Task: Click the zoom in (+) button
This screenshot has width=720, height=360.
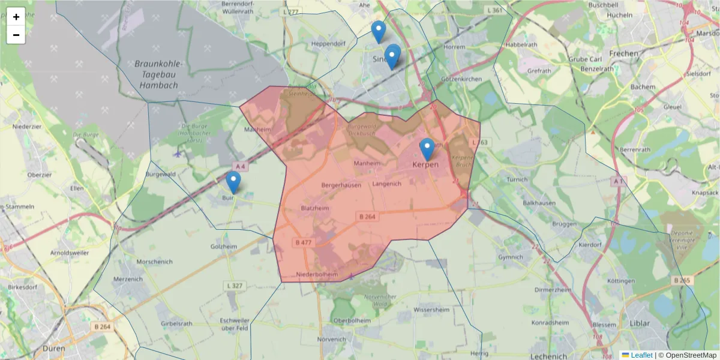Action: [x=16, y=17]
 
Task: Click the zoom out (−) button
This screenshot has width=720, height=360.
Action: [x=16, y=35]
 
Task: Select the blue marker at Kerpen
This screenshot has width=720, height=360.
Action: [x=427, y=149]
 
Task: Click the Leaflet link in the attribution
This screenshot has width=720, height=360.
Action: [x=641, y=355]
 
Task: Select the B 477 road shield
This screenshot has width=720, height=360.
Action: [x=304, y=242]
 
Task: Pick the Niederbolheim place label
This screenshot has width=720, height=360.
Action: [x=317, y=275]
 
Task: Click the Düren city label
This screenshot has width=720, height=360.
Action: [x=56, y=348]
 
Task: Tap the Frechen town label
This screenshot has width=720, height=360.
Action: [x=623, y=53]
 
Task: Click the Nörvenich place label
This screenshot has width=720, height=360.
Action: [x=331, y=339]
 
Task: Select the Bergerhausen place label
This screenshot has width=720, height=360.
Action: [x=341, y=185]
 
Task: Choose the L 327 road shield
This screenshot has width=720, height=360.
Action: [x=235, y=286]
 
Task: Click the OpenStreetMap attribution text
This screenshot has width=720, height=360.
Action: [x=691, y=355]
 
